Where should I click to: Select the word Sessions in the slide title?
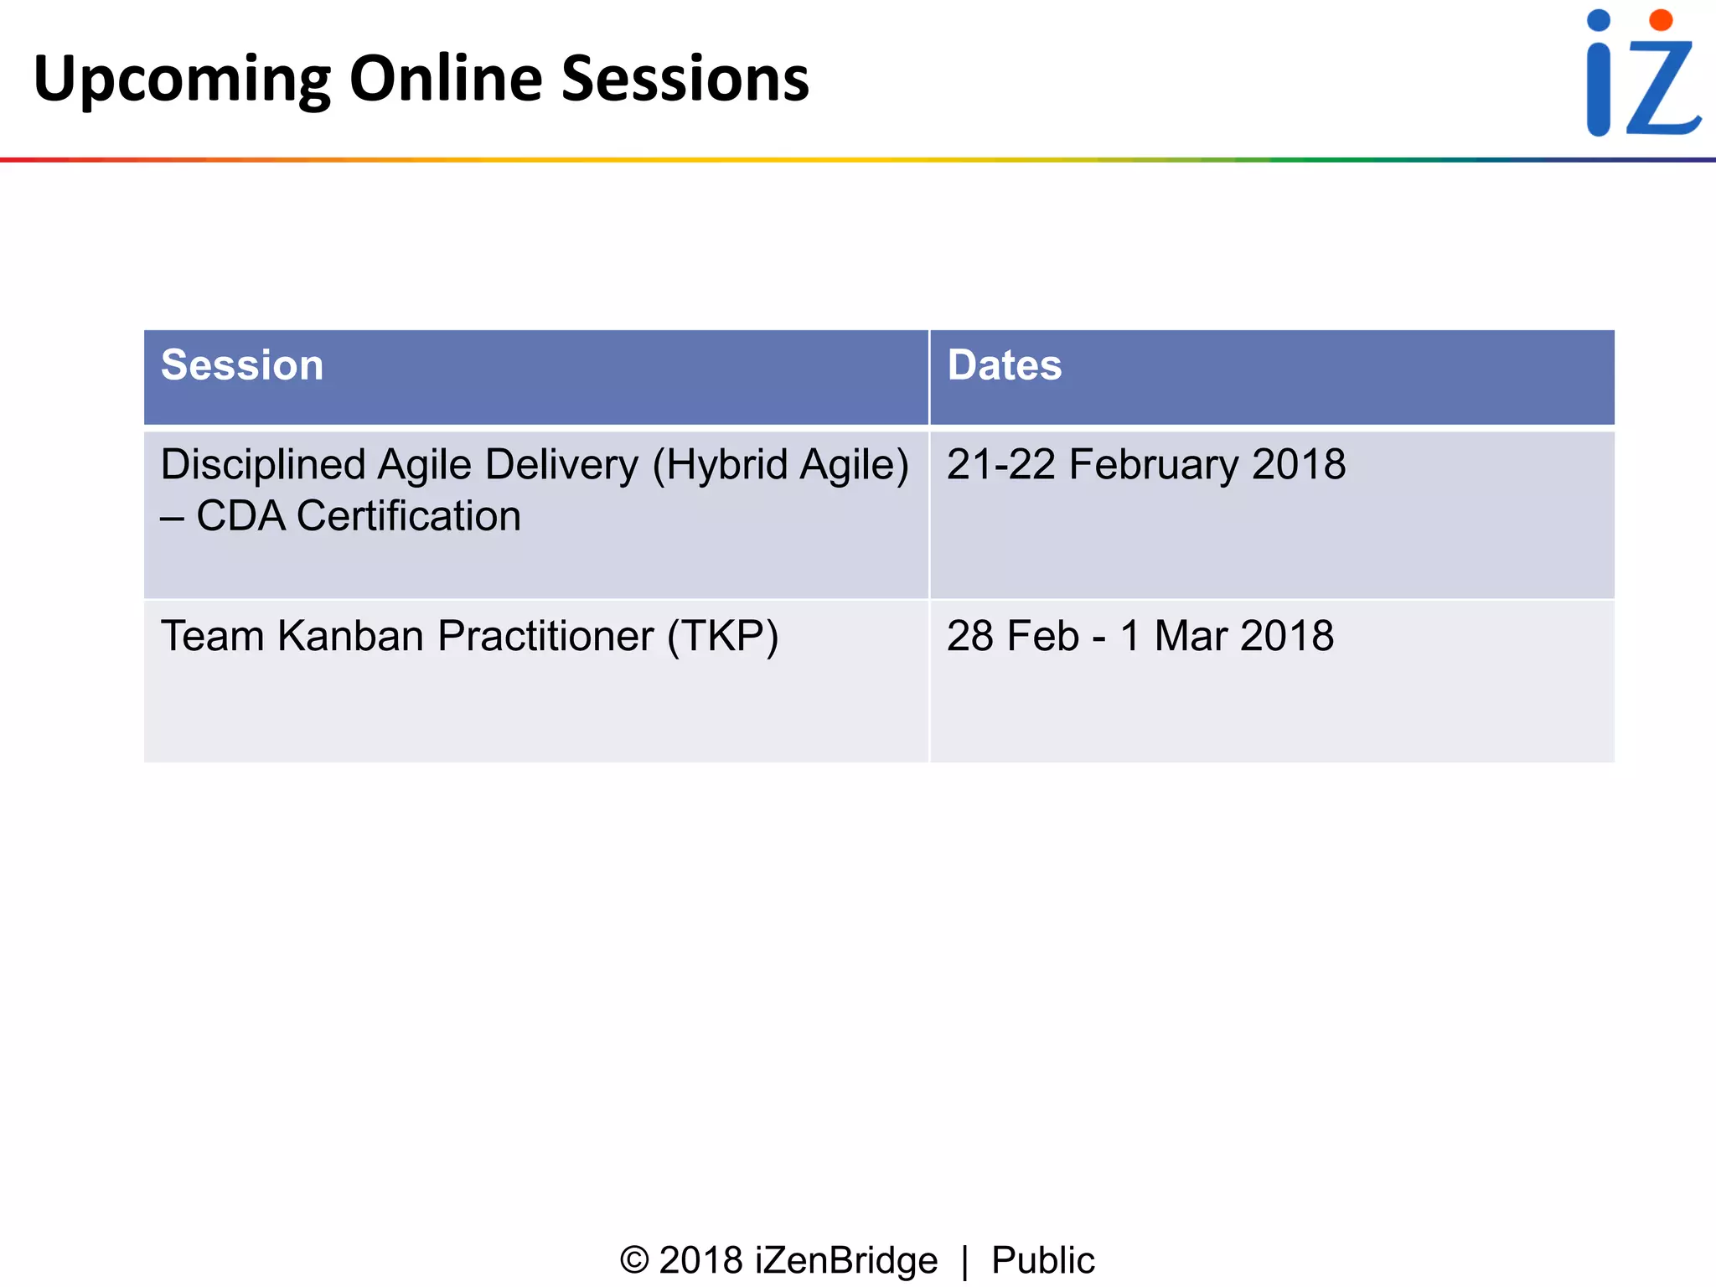685,79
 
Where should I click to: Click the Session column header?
242,365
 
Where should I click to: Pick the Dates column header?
1005,365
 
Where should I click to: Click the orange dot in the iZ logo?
1660,20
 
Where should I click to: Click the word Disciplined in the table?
263,465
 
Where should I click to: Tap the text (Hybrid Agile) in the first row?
780,466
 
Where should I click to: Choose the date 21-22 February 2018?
1145,464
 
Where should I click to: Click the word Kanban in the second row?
351,636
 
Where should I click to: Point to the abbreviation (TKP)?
723,637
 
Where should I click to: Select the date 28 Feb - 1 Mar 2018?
1140,636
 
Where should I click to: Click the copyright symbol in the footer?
634,1260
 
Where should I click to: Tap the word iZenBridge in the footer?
846,1260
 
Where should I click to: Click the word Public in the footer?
1042,1260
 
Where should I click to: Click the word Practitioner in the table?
545,636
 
